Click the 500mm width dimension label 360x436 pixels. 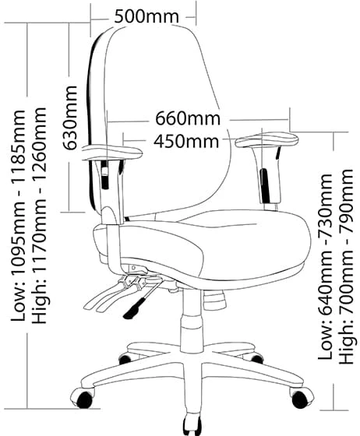pos(146,16)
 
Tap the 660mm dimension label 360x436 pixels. pos(188,118)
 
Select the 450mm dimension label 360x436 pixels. pos(186,141)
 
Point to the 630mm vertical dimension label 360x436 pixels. pos(69,118)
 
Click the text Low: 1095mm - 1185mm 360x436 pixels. pos(19,216)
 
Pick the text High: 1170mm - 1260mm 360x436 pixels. pos(39,215)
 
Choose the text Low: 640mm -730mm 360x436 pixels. pos(326,267)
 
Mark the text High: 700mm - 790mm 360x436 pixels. pos(346,266)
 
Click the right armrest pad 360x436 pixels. pos(267,139)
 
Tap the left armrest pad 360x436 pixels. pos(112,152)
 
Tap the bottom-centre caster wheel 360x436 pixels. pos(192,424)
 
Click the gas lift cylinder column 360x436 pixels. pos(191,321)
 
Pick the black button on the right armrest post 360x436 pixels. pos(264,186)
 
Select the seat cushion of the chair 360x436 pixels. pos(202,245)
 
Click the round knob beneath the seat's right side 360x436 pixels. pos(214,300)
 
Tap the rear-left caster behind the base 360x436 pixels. pos(125,359)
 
